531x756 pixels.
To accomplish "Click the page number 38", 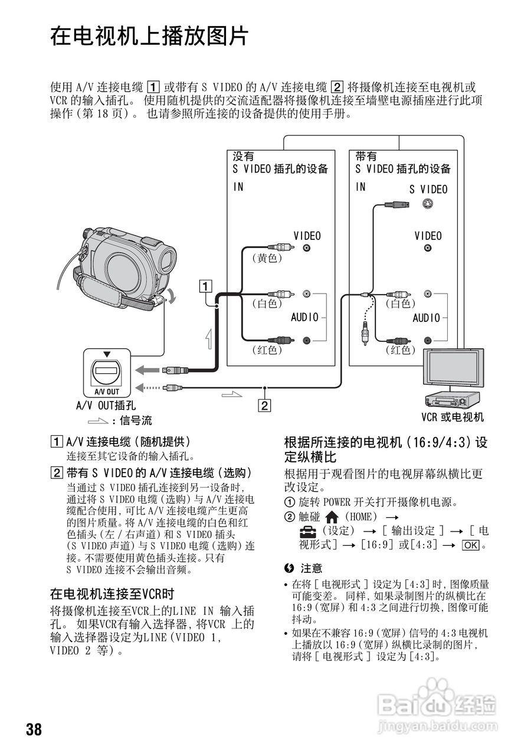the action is (34, 729).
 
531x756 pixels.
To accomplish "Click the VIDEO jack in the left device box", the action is (306, 249).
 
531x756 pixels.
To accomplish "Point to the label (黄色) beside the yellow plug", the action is (267, 258).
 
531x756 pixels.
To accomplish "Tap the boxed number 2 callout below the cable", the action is (265, 405).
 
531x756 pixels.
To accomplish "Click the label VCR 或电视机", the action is (452, 418).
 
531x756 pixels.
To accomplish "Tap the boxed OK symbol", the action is (471, 545).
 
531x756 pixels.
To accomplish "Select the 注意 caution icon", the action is (289, 568).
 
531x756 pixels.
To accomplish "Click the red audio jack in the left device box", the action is (306, 340).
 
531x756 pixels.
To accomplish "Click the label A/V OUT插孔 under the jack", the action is (106, 405).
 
